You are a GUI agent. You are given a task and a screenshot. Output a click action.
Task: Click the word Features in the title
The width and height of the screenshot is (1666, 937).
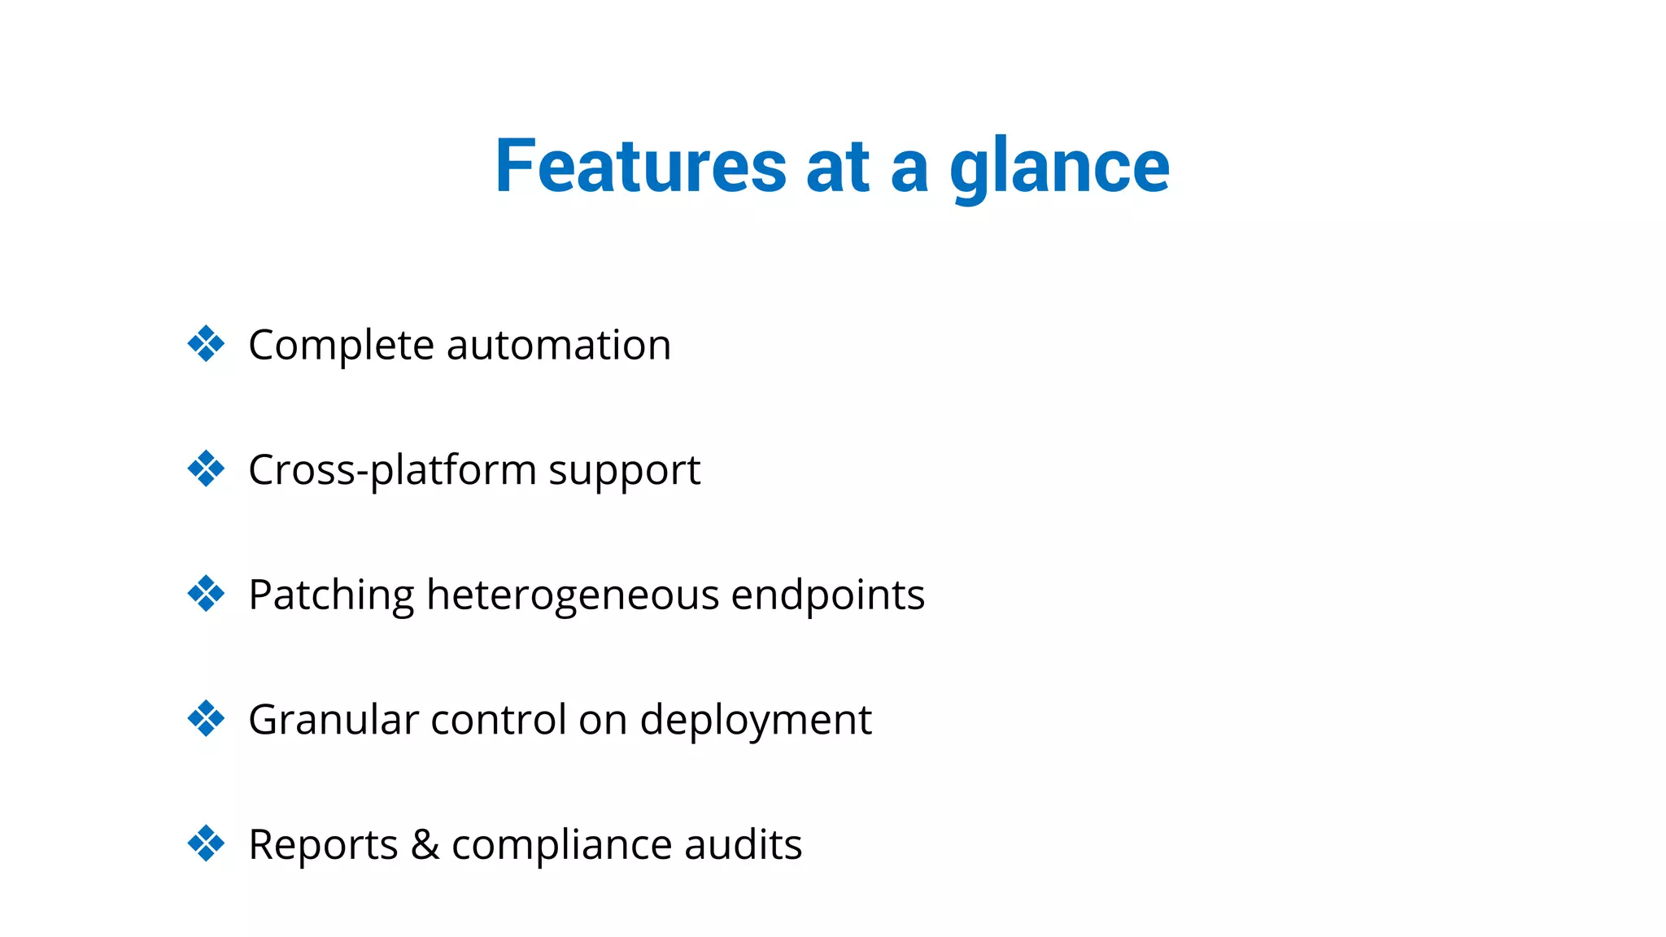click(x=640, y=167)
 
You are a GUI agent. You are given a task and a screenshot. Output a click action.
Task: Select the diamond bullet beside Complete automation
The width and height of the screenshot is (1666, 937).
click(x=206, y=344)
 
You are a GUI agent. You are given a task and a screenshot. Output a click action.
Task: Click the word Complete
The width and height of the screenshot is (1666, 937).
click(x=341, y=346)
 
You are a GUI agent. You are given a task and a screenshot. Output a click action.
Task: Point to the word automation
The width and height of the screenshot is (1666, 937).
click(x=559, y=346)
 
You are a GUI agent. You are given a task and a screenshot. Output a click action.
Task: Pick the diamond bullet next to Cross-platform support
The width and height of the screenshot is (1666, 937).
click(x=206, y=469)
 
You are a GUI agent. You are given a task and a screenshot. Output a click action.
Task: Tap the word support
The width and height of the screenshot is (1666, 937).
click(x=624, y=471)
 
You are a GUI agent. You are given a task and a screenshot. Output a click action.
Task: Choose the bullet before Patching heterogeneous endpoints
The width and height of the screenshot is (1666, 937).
click(x=206, y=594)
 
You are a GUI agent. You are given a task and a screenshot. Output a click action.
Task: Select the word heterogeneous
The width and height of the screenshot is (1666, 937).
click(x=573, y=595)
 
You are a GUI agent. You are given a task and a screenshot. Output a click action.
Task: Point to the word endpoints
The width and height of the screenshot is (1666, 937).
click(x=827, y=595)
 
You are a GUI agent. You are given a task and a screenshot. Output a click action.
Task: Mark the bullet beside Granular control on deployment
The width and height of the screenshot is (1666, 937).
click(x=206, y=719)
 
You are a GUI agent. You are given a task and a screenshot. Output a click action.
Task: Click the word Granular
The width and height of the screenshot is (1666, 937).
click(x=333, y=720)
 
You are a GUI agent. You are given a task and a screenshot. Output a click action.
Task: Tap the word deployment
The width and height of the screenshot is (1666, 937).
click(x=756, y=720)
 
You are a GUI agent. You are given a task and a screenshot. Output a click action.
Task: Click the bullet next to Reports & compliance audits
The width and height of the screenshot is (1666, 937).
click(x=206, y=843)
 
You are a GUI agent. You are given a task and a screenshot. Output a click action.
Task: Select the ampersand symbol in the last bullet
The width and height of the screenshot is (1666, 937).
click(x=425, y=844)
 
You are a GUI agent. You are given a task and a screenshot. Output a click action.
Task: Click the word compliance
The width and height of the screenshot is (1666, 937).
click(x=561, y=844)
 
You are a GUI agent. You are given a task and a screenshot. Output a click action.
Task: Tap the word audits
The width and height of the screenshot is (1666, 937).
click(x=743, y=844)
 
